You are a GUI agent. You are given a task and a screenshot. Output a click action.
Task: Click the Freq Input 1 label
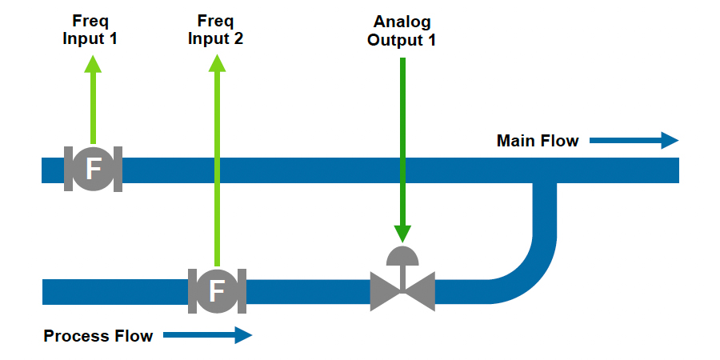pyautogui.click(x=90, y=30)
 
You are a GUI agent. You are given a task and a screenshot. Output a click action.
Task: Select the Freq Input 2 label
pyautogui.click(x=215, y=30)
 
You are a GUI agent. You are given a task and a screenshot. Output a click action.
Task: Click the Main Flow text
pyautogui.click(x=538, y=142)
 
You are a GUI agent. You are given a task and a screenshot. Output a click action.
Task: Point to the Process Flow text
pyautogui.click(x=98, y=336)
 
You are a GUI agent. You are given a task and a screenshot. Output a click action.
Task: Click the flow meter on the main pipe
pyautogui.click(x=93, y=169)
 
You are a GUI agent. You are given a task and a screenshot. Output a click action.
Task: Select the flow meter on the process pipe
pyautogui.click(x=216, y=290)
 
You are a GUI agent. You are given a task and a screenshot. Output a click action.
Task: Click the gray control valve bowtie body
pyautogui.click(x=402, y=291)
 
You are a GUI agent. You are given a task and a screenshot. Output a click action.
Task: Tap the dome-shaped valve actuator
pyautogui.click(x=402, y=255)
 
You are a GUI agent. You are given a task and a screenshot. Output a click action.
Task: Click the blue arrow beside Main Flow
pyautogui.click(x=634, y=141)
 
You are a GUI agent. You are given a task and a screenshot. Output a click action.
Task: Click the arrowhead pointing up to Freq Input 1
pyautogui.click(x=93, y=64)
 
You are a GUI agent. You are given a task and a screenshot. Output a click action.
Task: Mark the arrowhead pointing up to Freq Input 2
pyautogui.click(x=216, y=64)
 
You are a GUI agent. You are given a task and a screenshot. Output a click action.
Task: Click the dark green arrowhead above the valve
pyautogui.click(x=402, y=233)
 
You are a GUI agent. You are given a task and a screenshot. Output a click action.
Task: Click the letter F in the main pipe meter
pyautogui.click(x=93, y=169)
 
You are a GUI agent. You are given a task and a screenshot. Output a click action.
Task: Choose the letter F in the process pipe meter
pyautogui.click(x=216, y=291)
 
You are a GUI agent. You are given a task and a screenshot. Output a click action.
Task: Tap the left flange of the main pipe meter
pyautogui.click(x=68, y=169)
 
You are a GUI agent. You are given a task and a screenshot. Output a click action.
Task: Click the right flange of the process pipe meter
pyautogui.click(x=242, y=290)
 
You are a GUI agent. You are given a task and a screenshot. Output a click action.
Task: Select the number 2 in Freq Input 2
pyautogui.click(x=238, y=38)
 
